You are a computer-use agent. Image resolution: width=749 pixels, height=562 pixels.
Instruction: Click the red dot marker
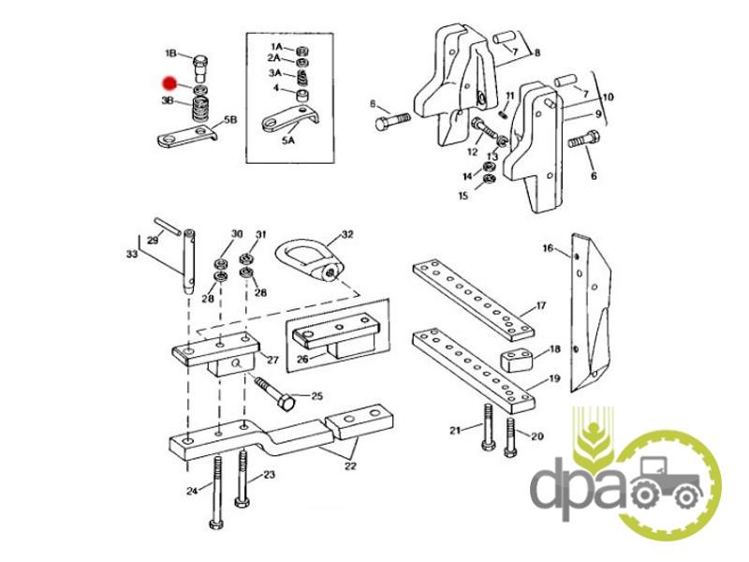tap(169, 83)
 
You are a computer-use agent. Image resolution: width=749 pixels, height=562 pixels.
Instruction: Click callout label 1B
tap(171, 52)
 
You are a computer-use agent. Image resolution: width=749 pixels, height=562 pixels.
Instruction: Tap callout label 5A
tap(288, 140)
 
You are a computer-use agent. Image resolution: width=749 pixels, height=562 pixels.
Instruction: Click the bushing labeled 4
tap(301, 96)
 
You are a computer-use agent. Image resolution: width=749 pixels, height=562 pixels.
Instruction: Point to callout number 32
tap(347, 234)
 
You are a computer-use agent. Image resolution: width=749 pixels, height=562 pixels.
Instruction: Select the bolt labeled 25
tap(275, 393)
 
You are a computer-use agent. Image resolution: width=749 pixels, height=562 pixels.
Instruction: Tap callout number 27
tap(272, 360)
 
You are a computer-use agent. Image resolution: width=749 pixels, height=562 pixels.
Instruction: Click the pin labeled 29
tap(168, 226)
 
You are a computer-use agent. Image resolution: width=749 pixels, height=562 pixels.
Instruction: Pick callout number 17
tap(540, 305)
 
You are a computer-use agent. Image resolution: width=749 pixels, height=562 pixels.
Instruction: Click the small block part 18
tap(517, 362)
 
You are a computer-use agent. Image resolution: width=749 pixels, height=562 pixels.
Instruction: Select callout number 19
tap(554, 378)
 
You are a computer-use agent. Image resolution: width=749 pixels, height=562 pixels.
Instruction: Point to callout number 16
tap(548, 248)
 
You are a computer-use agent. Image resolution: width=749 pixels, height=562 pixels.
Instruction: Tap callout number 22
tap(350, 466)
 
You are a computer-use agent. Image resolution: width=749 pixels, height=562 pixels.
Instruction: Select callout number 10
tap(608, 97)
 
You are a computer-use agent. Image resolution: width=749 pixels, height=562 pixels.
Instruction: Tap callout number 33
tap(132, 254)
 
